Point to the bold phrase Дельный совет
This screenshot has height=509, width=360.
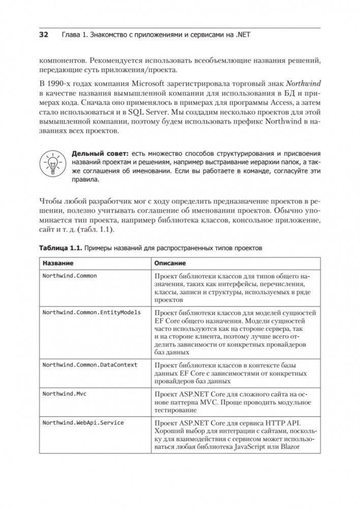(x=98, y=153)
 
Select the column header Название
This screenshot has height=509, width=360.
(x=57, y=264)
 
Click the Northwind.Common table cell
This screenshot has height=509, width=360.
(x=70, y=276)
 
